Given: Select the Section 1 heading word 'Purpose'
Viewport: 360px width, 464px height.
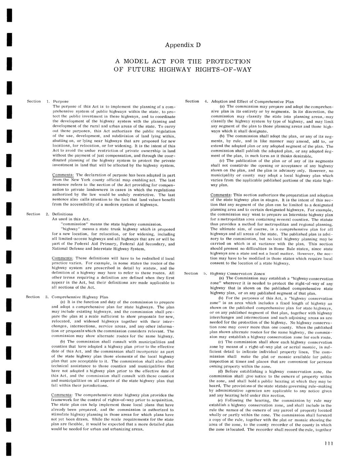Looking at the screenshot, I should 61,101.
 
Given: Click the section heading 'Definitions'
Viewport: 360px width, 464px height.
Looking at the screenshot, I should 62,214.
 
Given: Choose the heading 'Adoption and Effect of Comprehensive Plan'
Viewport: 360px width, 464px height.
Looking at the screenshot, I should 252,102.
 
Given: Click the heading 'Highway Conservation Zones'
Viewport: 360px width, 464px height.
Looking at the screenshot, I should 237,274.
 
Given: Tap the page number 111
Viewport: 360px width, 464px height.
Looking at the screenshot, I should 328,443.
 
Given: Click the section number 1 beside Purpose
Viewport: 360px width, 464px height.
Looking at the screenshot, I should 48,101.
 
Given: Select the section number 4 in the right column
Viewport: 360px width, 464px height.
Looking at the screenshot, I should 206,102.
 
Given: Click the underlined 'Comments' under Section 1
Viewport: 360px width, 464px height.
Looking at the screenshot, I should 63,175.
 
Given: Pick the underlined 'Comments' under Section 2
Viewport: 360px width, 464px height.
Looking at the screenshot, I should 62,258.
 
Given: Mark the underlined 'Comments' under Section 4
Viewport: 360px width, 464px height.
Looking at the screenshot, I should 221,195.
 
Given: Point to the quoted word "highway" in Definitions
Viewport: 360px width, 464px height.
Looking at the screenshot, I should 69,229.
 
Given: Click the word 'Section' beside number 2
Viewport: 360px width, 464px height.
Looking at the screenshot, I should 33,214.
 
